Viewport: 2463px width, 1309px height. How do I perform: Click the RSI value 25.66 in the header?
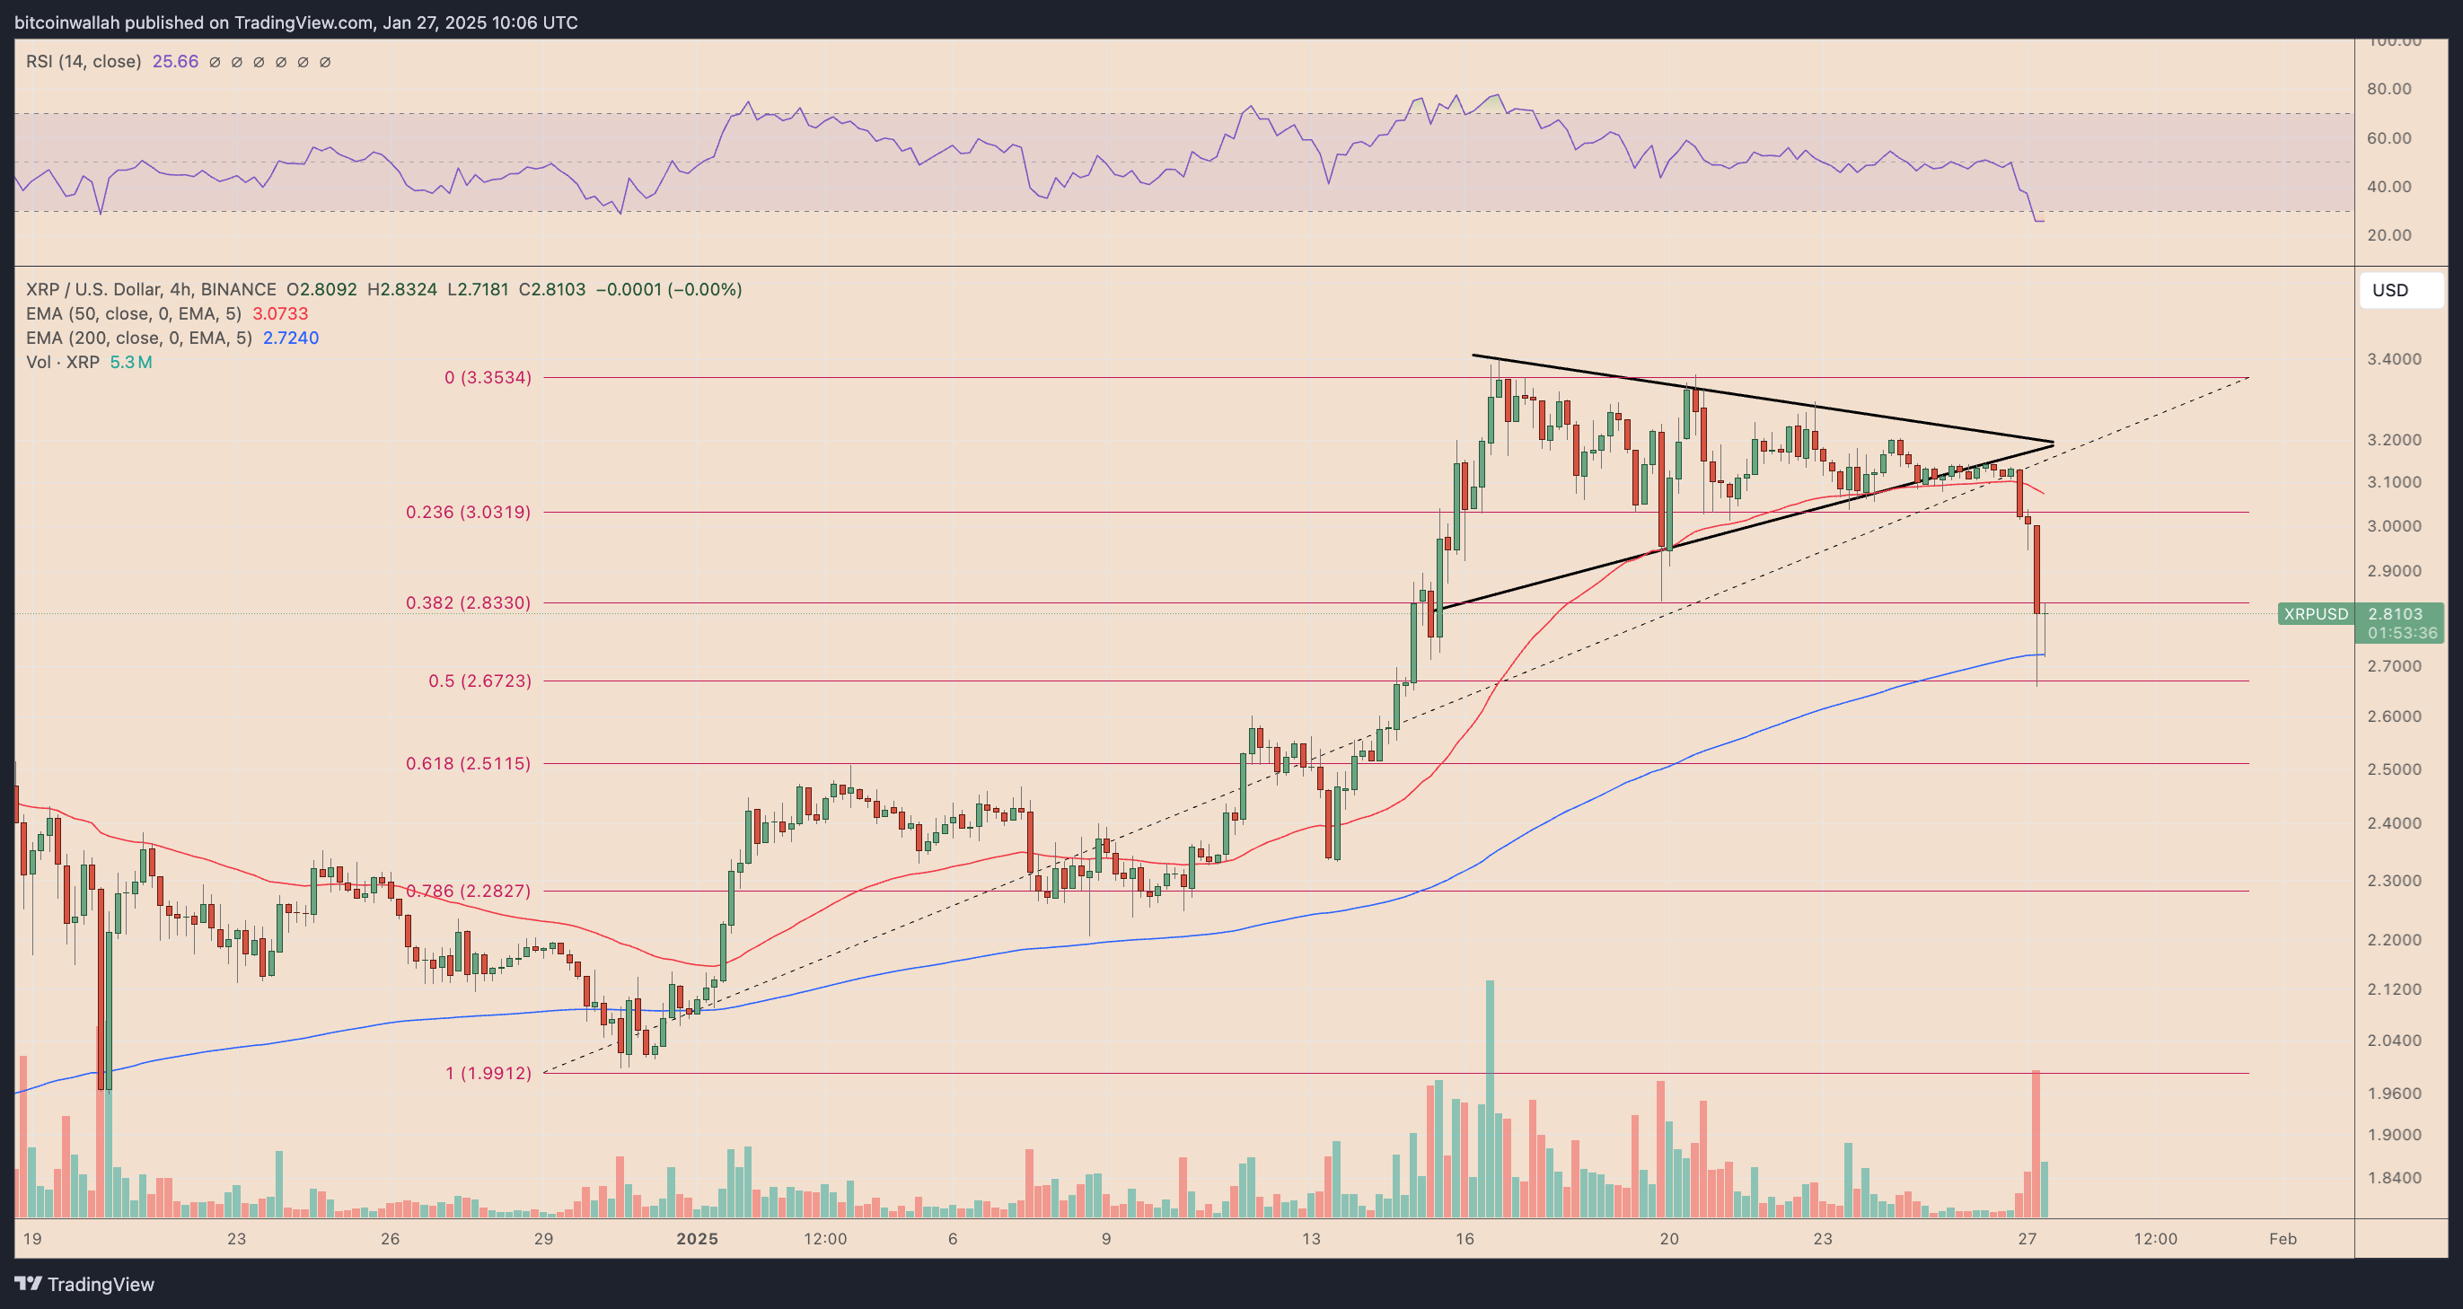coord(175,62)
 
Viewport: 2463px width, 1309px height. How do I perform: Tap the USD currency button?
coord(2400,291)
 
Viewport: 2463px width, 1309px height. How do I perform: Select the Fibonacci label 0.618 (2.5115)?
coord(468,763)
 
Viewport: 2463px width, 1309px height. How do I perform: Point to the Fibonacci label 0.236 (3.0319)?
coord(468,513)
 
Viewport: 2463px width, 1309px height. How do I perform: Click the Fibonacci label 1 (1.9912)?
coord(488,1073)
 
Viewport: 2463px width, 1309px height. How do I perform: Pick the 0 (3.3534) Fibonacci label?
coord(487,378)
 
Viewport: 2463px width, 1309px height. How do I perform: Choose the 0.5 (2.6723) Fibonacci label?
coord(479,681)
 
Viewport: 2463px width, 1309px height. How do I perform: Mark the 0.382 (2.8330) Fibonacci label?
coord(468,603)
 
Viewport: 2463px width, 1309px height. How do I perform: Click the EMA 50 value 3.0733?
coord(280,313)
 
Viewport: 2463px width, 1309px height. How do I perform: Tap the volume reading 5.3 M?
coord(131,363)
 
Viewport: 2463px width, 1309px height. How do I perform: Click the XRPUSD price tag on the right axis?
coord(2315,614)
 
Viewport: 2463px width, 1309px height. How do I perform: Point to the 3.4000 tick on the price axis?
coord(2394,359)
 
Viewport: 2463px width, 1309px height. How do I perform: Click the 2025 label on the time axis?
coord(697,1239)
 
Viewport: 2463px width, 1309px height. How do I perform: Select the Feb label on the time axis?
coord(2283,1239)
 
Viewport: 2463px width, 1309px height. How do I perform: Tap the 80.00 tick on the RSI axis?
coord(2388,89)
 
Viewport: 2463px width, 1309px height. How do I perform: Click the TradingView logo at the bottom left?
coord(84,1284)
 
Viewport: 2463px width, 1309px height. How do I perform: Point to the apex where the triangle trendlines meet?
coord(2053,444)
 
